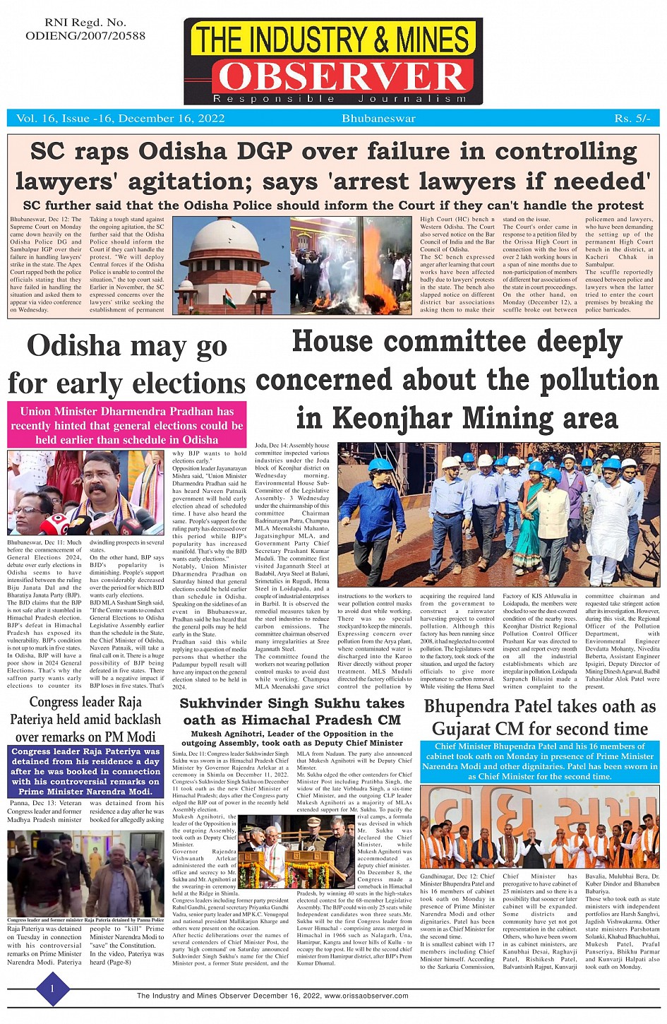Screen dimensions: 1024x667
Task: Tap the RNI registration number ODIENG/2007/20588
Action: coord(85,35)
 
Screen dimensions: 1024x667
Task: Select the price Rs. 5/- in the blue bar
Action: coord(632,118)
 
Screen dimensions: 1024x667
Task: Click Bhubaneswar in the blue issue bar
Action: coord(378,118)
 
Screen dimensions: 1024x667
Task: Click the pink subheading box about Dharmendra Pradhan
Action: coord(127,425)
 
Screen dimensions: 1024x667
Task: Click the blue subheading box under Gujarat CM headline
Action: coord(539,761)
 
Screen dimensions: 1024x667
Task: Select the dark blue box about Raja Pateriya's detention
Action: coord(85,771)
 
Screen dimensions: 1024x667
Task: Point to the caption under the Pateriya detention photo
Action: coord(85,920)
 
